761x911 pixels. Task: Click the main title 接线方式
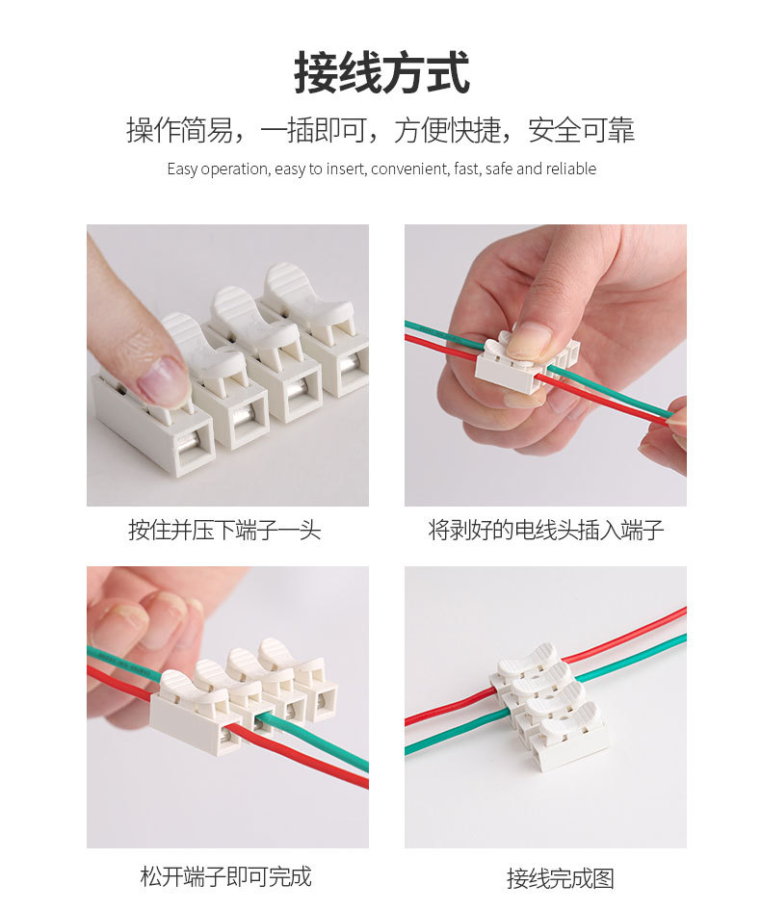point(381,74)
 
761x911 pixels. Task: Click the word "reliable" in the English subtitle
point(571,169)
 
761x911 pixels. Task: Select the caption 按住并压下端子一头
point(224,530)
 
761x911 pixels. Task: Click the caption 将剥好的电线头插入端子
point(545,530)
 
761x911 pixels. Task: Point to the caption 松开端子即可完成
point(225,876)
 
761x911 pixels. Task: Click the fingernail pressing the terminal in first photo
point(163,380)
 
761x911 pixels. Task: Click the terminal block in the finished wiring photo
point(548,709)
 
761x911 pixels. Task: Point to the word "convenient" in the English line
point(409,169)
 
